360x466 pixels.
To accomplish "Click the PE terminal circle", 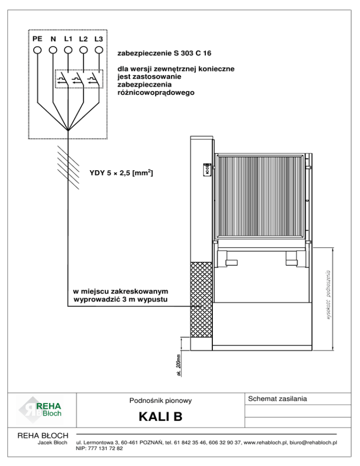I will tap(37, 49).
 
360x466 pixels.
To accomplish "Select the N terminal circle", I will tap(53, 49).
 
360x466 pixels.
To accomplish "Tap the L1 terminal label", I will tap(68, 38).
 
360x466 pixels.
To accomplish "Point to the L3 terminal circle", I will tap(99, 49).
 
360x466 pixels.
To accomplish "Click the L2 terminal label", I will tap(83, 38).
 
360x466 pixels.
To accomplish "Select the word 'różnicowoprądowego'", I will tap(156, 93).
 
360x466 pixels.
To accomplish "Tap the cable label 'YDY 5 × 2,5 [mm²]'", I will tap(120, 174).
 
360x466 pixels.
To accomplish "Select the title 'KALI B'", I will tap(159, 417).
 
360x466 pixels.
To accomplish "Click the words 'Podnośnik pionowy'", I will tap(160, 400).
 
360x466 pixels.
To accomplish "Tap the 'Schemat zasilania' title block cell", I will tap(277, 398).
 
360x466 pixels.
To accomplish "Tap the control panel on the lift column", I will tap(206, 169).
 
